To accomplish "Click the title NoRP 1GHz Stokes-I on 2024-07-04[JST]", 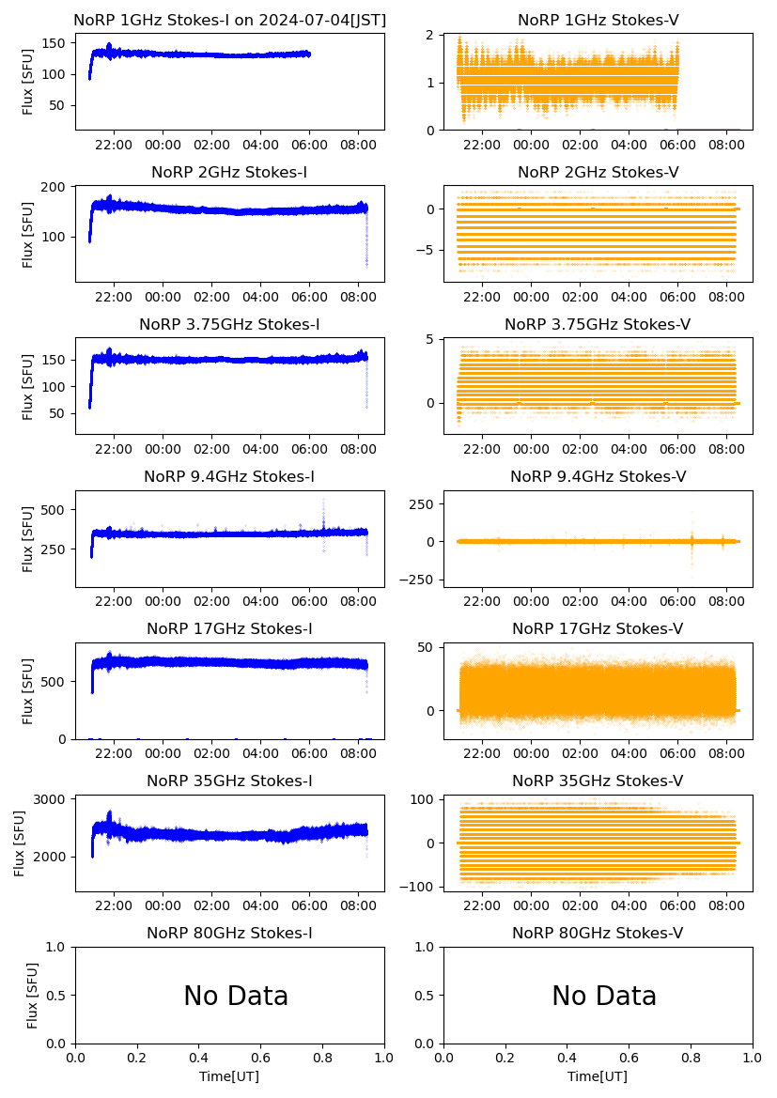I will pos(229,20).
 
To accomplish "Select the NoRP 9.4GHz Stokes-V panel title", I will pos(598,477).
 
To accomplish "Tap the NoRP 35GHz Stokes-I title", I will pos(229,781).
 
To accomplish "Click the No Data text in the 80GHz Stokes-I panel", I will pos(236,996).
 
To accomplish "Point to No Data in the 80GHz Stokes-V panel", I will pos(604,996).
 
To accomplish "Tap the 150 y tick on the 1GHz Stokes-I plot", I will pos(57,43).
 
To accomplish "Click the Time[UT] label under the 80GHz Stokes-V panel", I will pos(598,1076).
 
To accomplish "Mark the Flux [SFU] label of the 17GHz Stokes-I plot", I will pos(28,690).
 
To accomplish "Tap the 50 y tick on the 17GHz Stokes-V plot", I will pos(425,647).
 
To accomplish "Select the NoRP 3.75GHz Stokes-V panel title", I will pos(598,325).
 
